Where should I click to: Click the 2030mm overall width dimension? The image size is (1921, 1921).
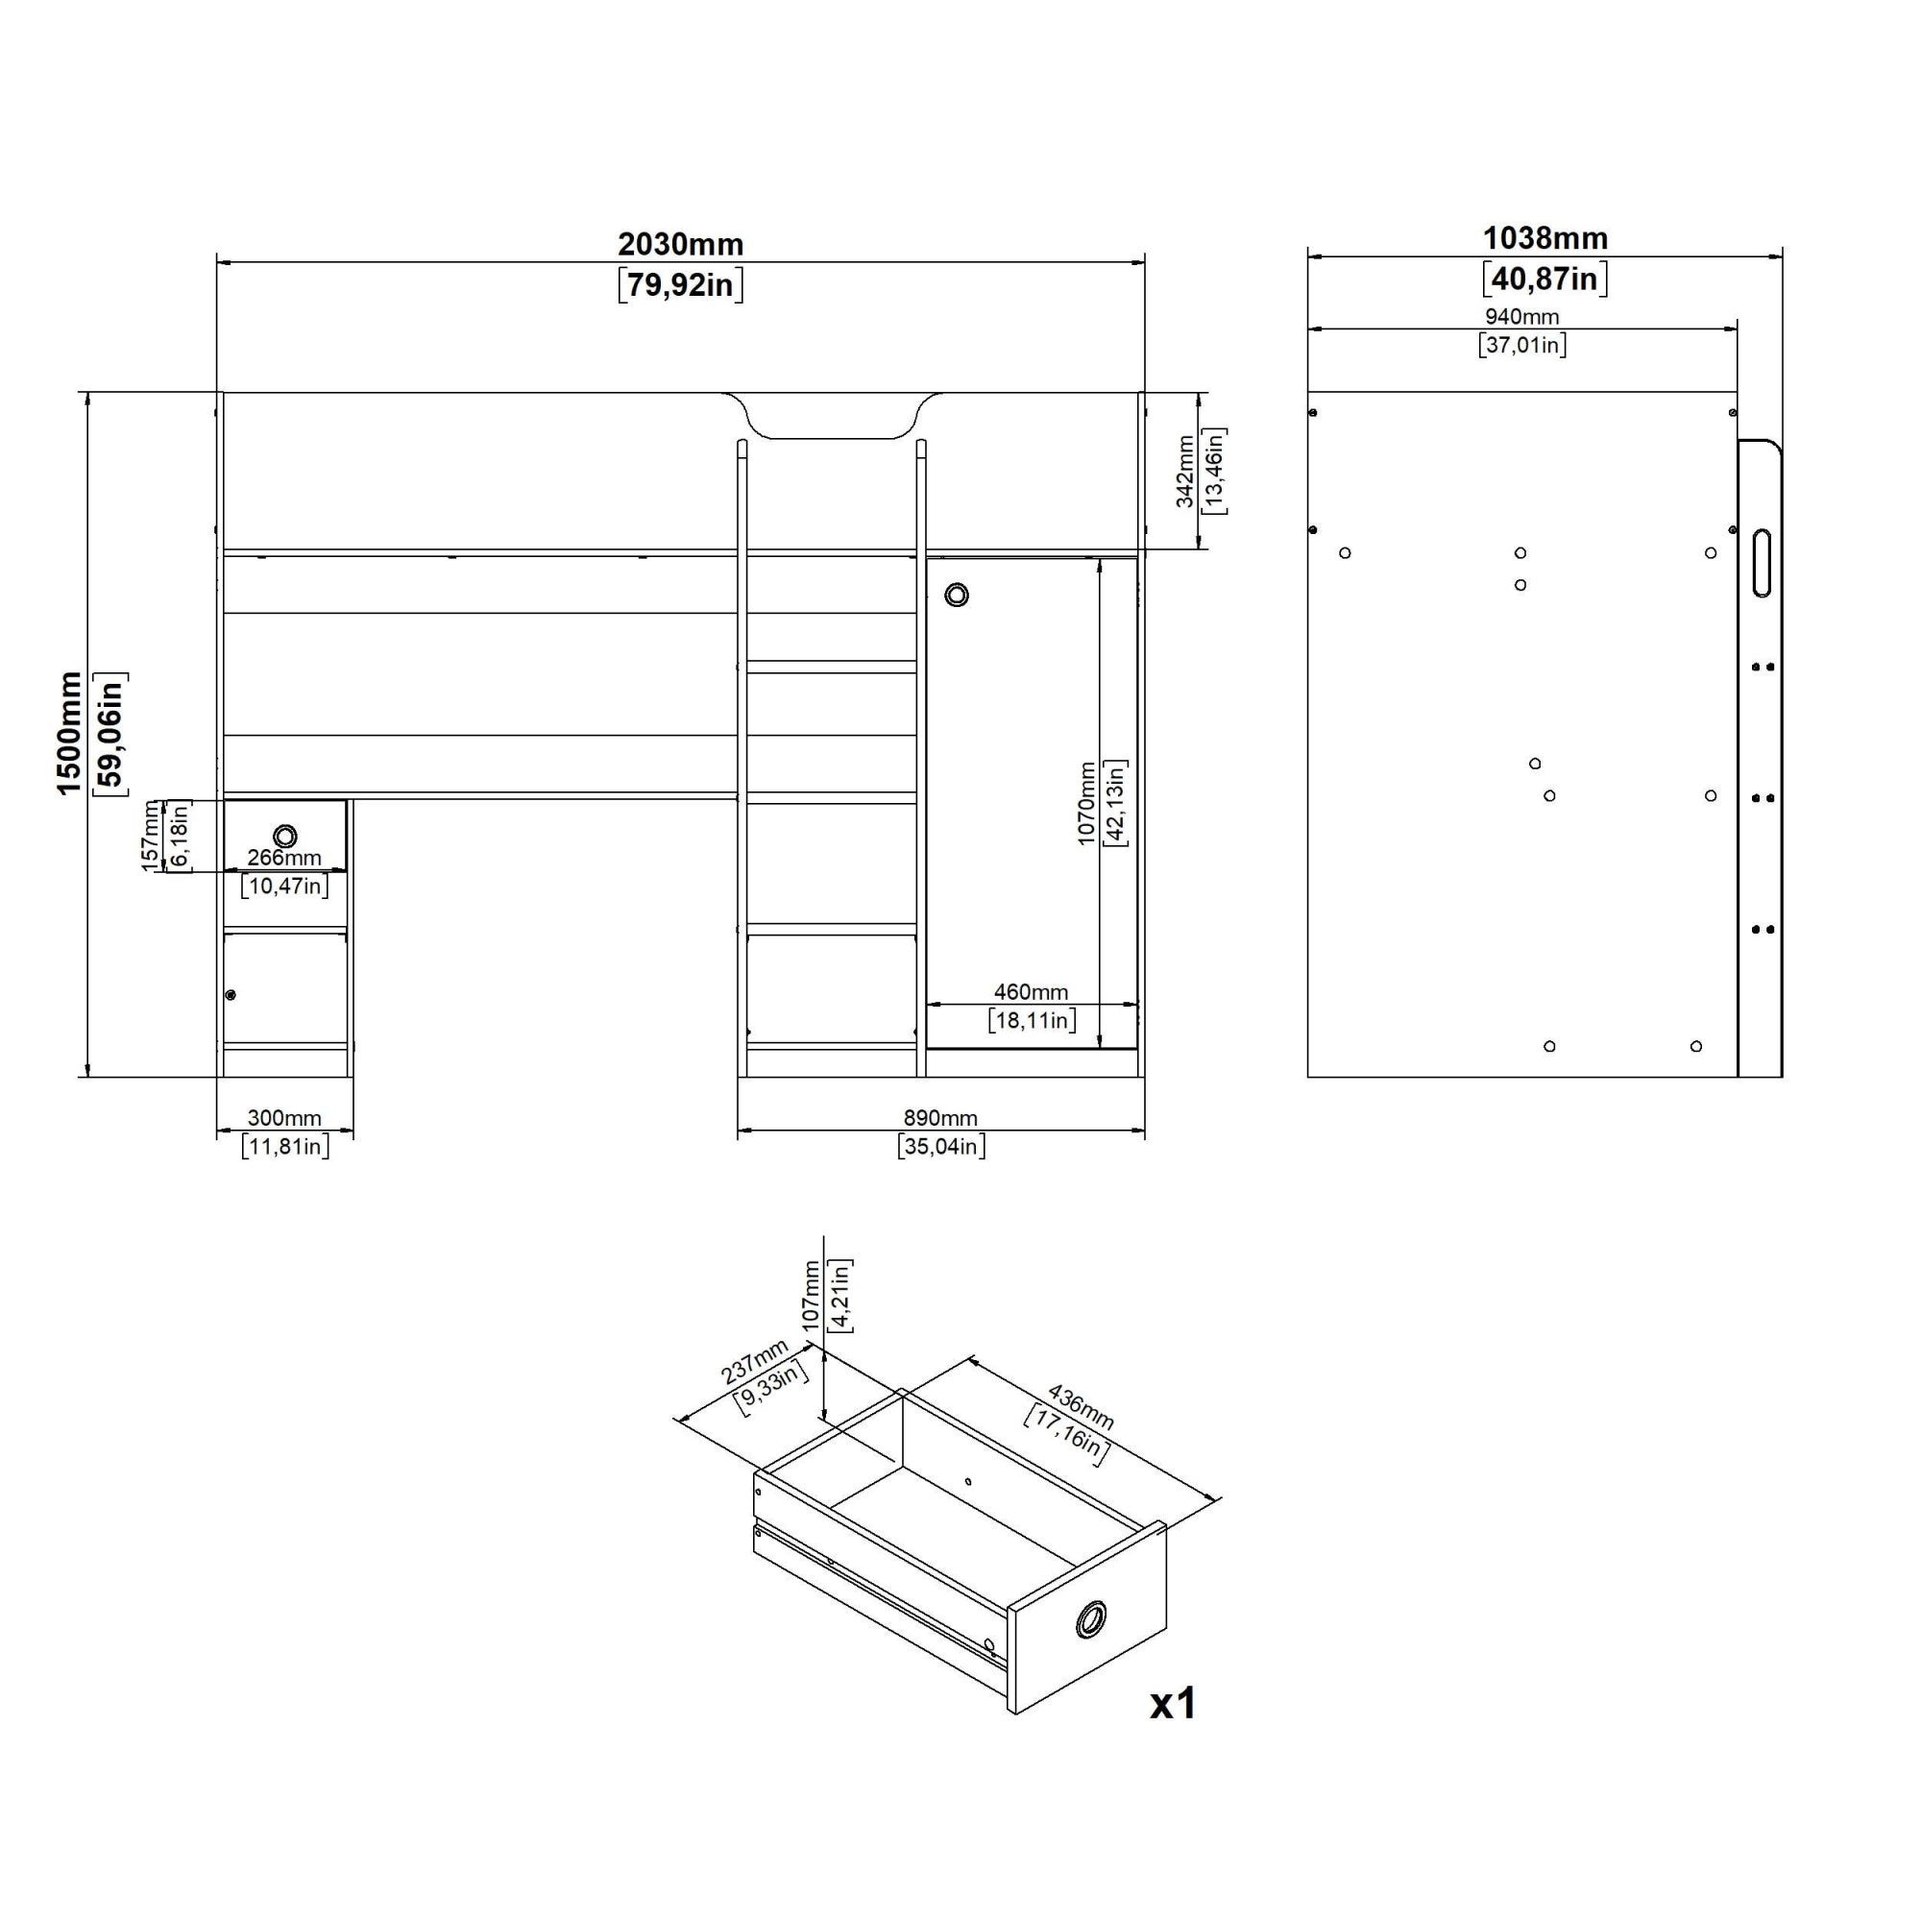[x=681, y=244]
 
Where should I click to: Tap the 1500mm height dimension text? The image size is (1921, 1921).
[x=68, y=734]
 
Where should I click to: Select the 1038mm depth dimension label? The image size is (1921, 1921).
[x=1545, y=237]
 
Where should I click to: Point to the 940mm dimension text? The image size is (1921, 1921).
[x=1522, y=316]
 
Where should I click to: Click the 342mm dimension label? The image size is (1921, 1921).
[x=1185, y=472]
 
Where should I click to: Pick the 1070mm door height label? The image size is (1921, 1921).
[x=1086, y=803]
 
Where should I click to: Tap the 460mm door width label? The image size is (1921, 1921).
[x=1031, y=991]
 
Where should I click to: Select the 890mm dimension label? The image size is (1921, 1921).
[x=939, y=1119]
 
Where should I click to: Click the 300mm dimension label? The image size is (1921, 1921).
[x=284, y=1119]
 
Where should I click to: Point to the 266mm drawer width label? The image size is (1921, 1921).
[x=284, y=857]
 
